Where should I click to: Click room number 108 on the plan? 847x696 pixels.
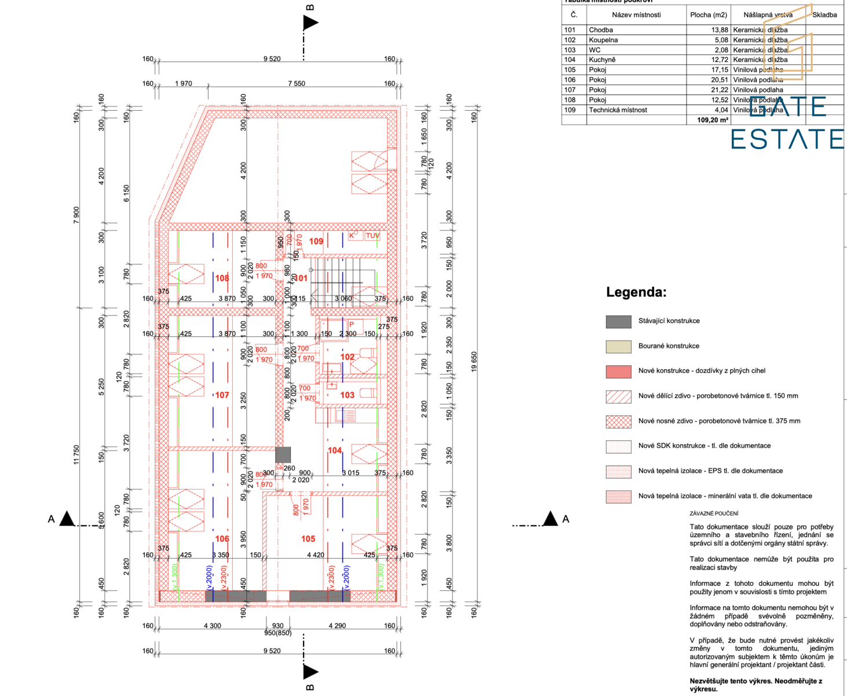click(222, 278)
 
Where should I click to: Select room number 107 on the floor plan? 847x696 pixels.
click(222, 395)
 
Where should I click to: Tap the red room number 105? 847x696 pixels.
click(308, 539)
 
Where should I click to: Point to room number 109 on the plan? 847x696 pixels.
click(316, 241)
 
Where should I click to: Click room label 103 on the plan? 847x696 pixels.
click(347, 395)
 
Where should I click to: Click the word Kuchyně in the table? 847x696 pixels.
click(602, 60)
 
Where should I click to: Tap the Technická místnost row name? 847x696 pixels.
click(618, 110)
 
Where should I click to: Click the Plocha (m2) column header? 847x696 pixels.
click(708, 15)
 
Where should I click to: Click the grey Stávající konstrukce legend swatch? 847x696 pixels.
click(618, 321)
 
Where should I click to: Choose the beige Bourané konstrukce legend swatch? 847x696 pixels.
click(618, 346)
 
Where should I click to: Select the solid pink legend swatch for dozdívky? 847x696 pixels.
click(618, 371)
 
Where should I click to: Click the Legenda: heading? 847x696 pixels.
click(636, 292)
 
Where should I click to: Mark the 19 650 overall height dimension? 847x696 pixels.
click(474, 361)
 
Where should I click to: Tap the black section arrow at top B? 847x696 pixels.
click(311, 23)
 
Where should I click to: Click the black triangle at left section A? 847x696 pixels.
click(67, 519)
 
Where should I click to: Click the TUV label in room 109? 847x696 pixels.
click(373, 235)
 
